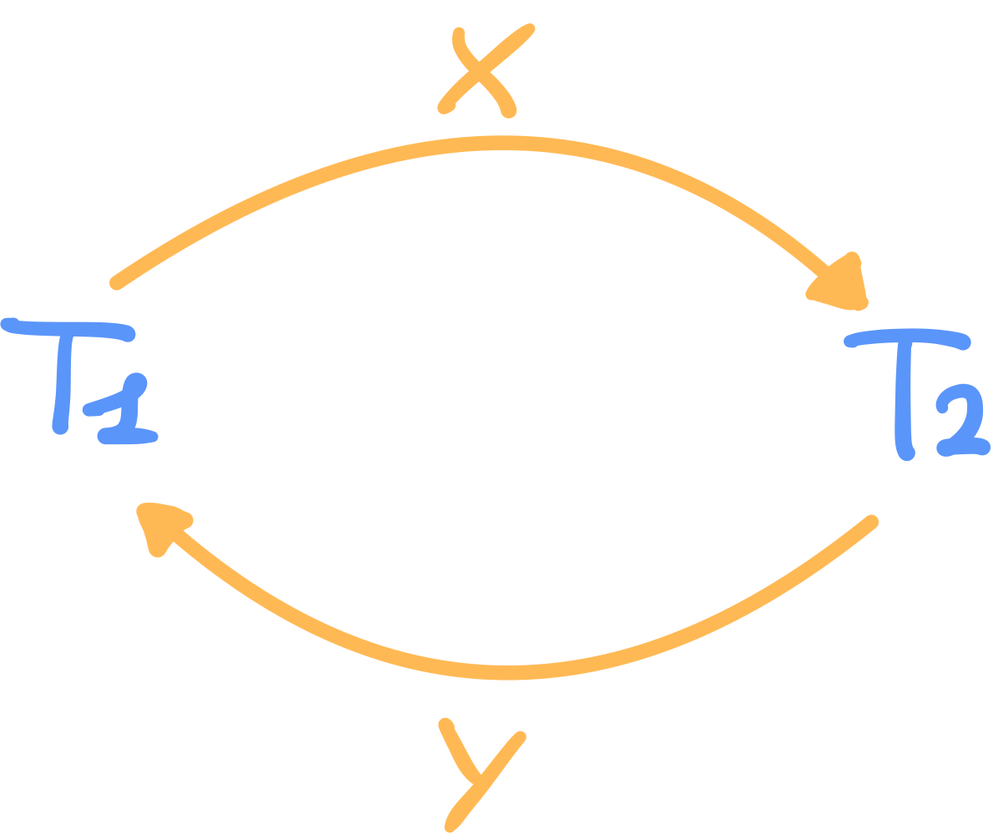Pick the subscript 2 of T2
coord(960,427)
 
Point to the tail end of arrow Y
coord(871,523)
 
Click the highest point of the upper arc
coord(501,142)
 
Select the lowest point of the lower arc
coord(509,673)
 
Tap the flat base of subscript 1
coord(129,436)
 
